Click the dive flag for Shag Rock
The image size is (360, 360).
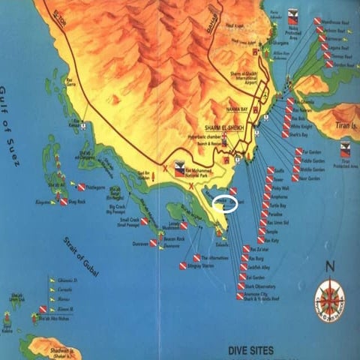(x=64, y=202)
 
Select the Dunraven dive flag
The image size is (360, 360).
(x=152, y=244)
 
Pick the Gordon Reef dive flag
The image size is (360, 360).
(x=329, y=64)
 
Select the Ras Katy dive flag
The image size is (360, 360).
(x=262, y=239)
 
